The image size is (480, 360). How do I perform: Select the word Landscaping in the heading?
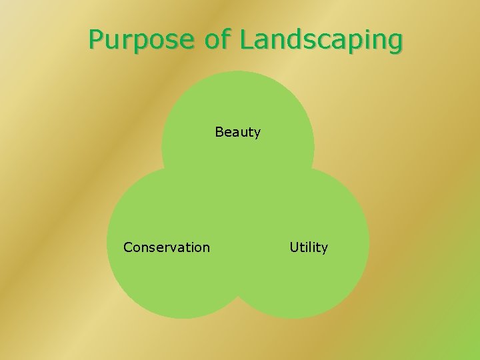click(321, 41)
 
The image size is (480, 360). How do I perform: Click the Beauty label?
click(238, 132)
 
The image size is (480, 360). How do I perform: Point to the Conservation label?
click(167, 247)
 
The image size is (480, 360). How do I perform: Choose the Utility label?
click(309, 247)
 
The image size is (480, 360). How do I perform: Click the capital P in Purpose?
click(97, 40)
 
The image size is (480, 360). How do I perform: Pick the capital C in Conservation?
click(128, 247)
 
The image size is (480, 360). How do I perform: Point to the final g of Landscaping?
click(395, 43)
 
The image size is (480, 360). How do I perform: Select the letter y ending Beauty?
click(257, 134)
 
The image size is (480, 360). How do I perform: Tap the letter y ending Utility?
click(325, 249)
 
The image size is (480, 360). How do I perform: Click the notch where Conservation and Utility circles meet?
click(238, 295)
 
